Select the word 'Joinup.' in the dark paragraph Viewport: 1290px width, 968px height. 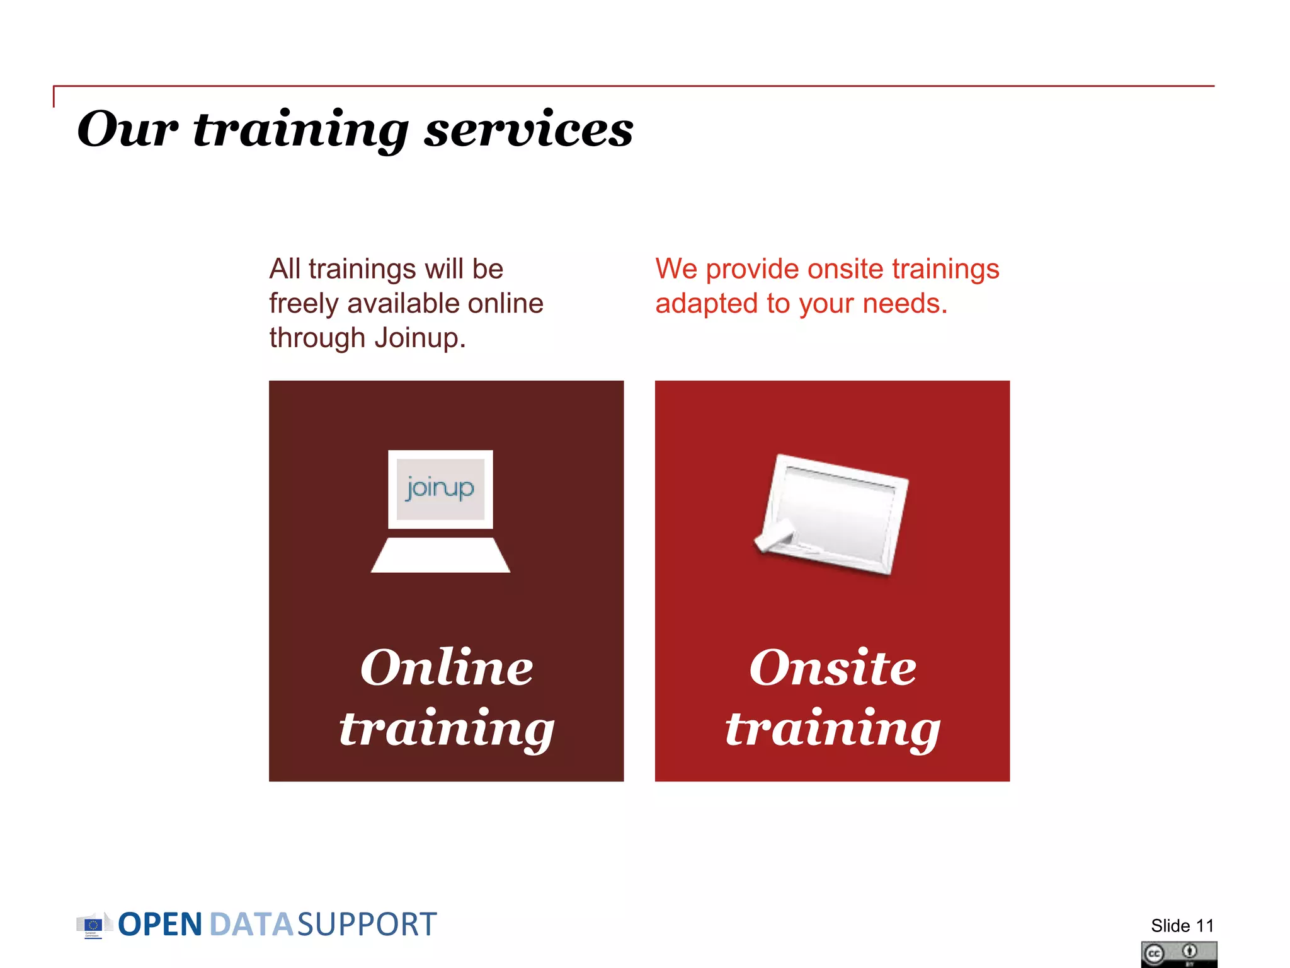pyautogui.click(x=420, y=338)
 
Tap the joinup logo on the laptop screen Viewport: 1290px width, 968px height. pyautogui.click(x=440, y=488)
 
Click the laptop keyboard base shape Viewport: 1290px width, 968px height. pyautogui.click(x=440, y=555)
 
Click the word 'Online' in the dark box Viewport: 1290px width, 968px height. pyautogui.click(x=446, y=667)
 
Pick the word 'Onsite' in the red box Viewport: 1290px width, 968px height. pyautogui.click(x=832, y=667)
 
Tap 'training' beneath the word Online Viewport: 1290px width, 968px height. pyautogui.click(x=446, y=730)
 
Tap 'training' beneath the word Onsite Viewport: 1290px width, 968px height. pyautogui.click(x=832, y=730)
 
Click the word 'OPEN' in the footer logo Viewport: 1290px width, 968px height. pyautogui.click(x=160, y=925)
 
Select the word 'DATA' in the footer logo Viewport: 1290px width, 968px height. pyautogui.click(x=251, y=925)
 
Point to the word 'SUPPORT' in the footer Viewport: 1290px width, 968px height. pyautogui.click(x=366, y=925)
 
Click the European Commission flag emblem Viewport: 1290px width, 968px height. pyautogui.click(x=93, y=925)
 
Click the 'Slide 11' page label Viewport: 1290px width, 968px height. pyautogui.click(x=1182, y=926)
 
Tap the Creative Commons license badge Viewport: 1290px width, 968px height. pyautogui.click(x=1179, y=954)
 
